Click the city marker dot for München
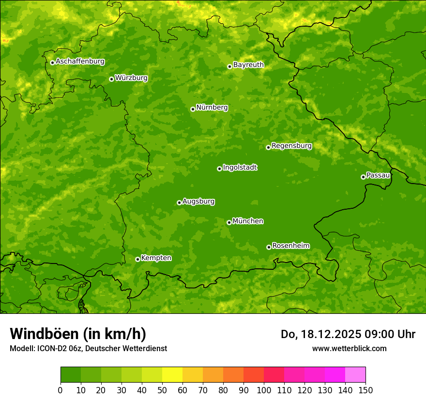(x=229, y=222)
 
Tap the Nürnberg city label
(x=212, y=108)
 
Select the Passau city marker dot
(x=363, y=177)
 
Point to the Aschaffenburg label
(x=80, y=62)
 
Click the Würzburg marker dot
(x=111, y=79)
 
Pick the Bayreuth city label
(x=248, y=65)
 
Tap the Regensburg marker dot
(x=268, y=147)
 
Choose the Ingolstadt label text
(x=240, y=168)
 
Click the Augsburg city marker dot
(x=179, y=202)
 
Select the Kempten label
(x=156, y=258)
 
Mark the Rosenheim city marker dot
(x=269, y=247)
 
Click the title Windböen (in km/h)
(x=78, y=334)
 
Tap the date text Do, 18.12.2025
(x=320, y=334)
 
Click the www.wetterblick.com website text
(x=349, y=348)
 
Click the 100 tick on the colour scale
(x=264, y=390)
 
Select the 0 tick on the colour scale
(x=61, y=390)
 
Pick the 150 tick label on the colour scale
(x=365, y=390)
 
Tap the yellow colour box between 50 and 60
(x=172, y=375)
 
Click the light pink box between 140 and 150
(x=355, y=375)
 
